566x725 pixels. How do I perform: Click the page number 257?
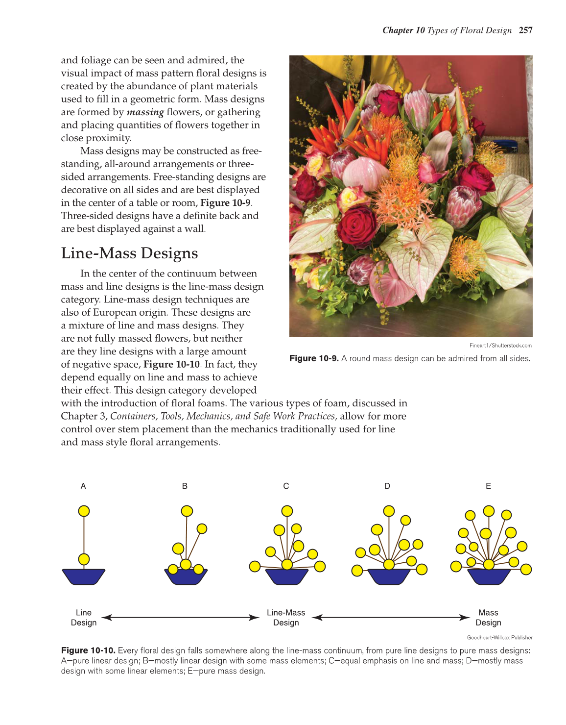pos(525,30)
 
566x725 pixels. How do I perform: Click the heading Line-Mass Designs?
pos(129,253)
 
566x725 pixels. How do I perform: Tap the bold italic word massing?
pos(145,112)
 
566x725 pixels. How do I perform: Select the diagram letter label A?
pos(83,486)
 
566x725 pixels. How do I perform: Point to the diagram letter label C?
pos(286,486)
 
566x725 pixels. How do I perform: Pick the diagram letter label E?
pos(488,486)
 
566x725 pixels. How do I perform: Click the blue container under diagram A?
pos(84,576)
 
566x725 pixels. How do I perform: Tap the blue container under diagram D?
pos(389,577)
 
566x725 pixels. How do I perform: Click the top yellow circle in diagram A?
pos(84,511)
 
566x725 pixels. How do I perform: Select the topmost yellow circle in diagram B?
pos(187,511)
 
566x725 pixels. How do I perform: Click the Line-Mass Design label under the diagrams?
pos(286,618)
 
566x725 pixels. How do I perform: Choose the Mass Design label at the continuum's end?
pos(488,618)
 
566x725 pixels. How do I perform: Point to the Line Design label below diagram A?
pos(84,618)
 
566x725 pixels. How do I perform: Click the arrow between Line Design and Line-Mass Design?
pos(180,618)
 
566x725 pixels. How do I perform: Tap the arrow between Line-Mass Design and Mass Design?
pos(391,618)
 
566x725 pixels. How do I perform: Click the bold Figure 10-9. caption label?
pos(314,359)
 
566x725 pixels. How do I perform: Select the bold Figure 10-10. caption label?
pos(88,651)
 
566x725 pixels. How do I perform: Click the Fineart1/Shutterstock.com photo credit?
pos(500,346)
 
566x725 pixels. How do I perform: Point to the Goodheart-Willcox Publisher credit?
pos(499,638)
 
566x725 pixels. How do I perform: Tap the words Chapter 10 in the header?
pos(403,30)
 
